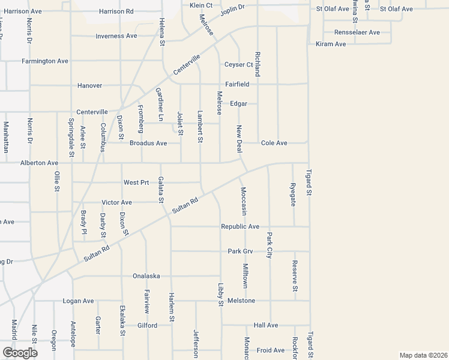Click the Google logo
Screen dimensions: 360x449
pos(20,353)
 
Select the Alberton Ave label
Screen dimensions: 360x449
pos(39,163)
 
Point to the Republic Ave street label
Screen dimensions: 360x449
pos(240,227)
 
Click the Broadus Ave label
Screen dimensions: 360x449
pos(148,143)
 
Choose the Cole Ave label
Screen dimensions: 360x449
pos(274,143)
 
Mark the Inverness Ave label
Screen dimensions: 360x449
pos(116,36)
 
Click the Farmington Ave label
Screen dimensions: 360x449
pos(45,61)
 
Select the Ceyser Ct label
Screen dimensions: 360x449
pos(238,65)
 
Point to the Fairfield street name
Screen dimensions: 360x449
pos(237,85)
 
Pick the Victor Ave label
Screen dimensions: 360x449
pos(116,202)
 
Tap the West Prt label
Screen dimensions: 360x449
pos(136,182)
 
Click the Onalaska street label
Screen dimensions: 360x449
pos(146,276)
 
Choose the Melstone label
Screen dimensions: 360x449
pos(241,300)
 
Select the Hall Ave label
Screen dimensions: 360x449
pos(266,325)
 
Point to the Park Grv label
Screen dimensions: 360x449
pos(241,251)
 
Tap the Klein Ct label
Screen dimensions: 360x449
pos(201,5)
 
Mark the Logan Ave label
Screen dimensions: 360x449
pos(79,301)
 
